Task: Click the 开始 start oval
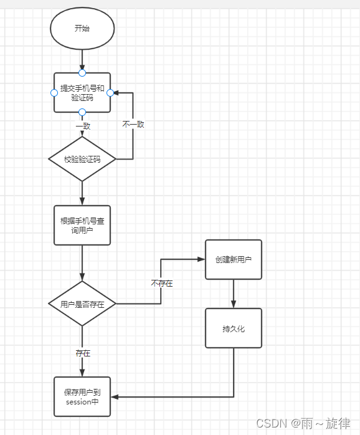click(82, 28)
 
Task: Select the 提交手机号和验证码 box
click(82, 92)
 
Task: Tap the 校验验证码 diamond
click(82, 159)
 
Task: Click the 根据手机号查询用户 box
click(82, 225)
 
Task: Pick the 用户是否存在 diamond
click(82, 304)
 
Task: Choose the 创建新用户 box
click(234, 259)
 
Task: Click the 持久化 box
click(234, 328)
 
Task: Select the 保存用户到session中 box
click(82, 396)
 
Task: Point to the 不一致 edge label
click(133, 125)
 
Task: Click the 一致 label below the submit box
click(83, 125)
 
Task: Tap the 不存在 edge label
click(161, 284)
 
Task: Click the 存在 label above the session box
click(83, 353)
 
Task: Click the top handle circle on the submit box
click(82, 73)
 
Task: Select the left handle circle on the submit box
click(54, 93)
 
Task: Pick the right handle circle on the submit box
click(110, 93)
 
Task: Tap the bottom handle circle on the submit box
click(82, 112)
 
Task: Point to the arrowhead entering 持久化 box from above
click(234, 304)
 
